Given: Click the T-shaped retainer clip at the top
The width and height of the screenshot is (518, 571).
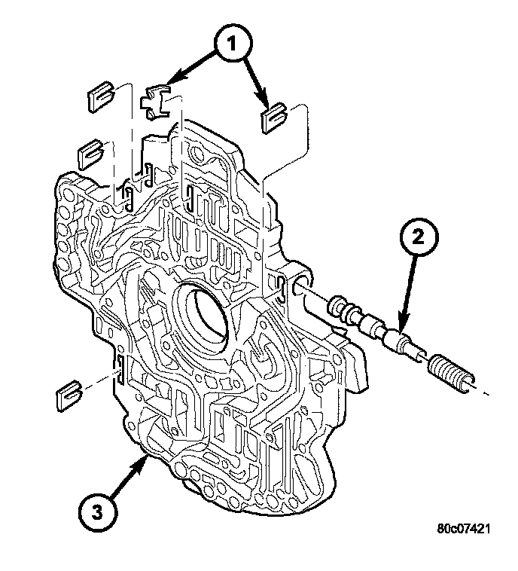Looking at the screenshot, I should click(x=157, y=102).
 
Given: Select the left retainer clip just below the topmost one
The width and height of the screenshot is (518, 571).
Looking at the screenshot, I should click(x=91, y=154).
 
